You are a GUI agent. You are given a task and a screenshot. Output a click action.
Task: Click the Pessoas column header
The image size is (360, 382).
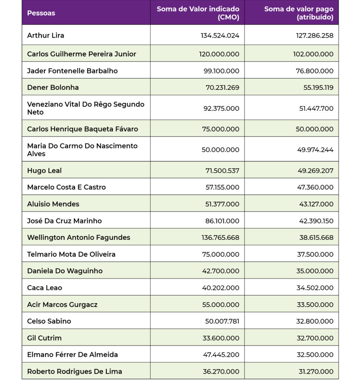pos(41,13)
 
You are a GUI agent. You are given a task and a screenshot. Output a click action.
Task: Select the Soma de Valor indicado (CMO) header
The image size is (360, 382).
pos(198,13)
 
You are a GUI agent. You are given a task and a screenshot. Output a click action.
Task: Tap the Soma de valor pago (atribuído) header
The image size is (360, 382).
pos(298,13)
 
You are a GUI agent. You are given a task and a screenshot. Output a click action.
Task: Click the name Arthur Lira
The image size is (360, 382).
pos(46,35)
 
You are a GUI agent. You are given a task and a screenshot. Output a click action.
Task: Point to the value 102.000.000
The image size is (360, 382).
pos(313,54)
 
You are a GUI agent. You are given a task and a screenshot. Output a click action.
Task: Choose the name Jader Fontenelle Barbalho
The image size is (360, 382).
pos(72,71)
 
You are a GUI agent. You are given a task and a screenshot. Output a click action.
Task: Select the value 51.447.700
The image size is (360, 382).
pos(315,109)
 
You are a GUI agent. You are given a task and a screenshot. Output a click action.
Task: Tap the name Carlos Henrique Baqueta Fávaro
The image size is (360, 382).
pos(82,129)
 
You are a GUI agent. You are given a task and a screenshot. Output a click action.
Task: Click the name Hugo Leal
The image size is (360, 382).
pos(44,170)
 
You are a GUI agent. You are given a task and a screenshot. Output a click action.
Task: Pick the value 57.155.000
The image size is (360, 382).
pos(222,187)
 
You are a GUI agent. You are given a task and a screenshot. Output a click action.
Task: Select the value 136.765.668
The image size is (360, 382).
pos(220,238)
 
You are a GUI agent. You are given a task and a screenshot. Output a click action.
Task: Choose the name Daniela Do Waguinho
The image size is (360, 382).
pos(65,271)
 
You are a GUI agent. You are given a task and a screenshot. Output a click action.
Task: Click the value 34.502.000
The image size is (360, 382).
pos(315,288)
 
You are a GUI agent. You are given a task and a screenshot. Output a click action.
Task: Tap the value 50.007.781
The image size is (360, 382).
pos(222,321)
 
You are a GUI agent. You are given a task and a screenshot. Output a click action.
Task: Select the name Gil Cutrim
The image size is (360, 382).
pos(44,338)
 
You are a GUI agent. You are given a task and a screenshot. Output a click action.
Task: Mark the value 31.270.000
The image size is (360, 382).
pos(315,372)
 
